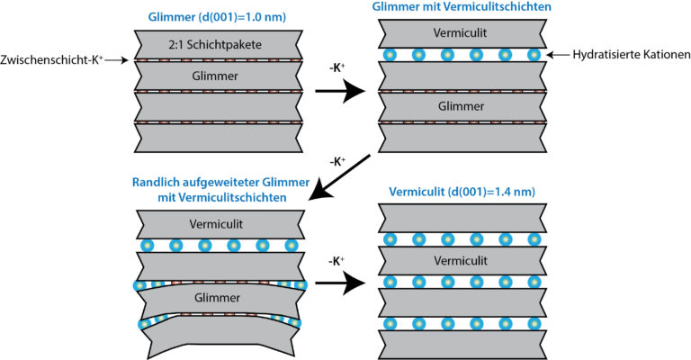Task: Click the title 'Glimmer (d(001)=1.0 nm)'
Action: (217, 17)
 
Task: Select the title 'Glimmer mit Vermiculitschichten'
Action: (462, 6)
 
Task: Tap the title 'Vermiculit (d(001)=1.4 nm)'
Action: (462, 192)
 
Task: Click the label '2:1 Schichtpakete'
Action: (215, 44)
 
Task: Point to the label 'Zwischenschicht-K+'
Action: (51, 59)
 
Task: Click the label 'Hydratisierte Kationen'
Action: (631, 55)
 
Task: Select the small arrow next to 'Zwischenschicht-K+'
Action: (117, 60)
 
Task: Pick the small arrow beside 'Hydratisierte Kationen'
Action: (558, 55)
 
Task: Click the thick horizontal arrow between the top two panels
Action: (341, 91)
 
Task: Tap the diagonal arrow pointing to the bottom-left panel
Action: (340, 177)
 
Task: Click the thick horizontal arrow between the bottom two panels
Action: (341, 283)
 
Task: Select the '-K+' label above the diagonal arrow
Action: (337, 162)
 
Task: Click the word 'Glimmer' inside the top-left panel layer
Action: (215, 76)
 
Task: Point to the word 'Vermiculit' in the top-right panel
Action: (460, 32)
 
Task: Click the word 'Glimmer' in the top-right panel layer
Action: (461, 106)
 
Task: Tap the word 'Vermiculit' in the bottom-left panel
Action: (216, 224)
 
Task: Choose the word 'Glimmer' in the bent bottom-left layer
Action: (217, 297)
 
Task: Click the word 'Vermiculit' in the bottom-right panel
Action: (461, 260)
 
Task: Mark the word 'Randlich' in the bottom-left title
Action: (153, 182)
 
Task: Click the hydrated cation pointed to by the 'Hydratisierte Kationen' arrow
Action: (534, 55)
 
